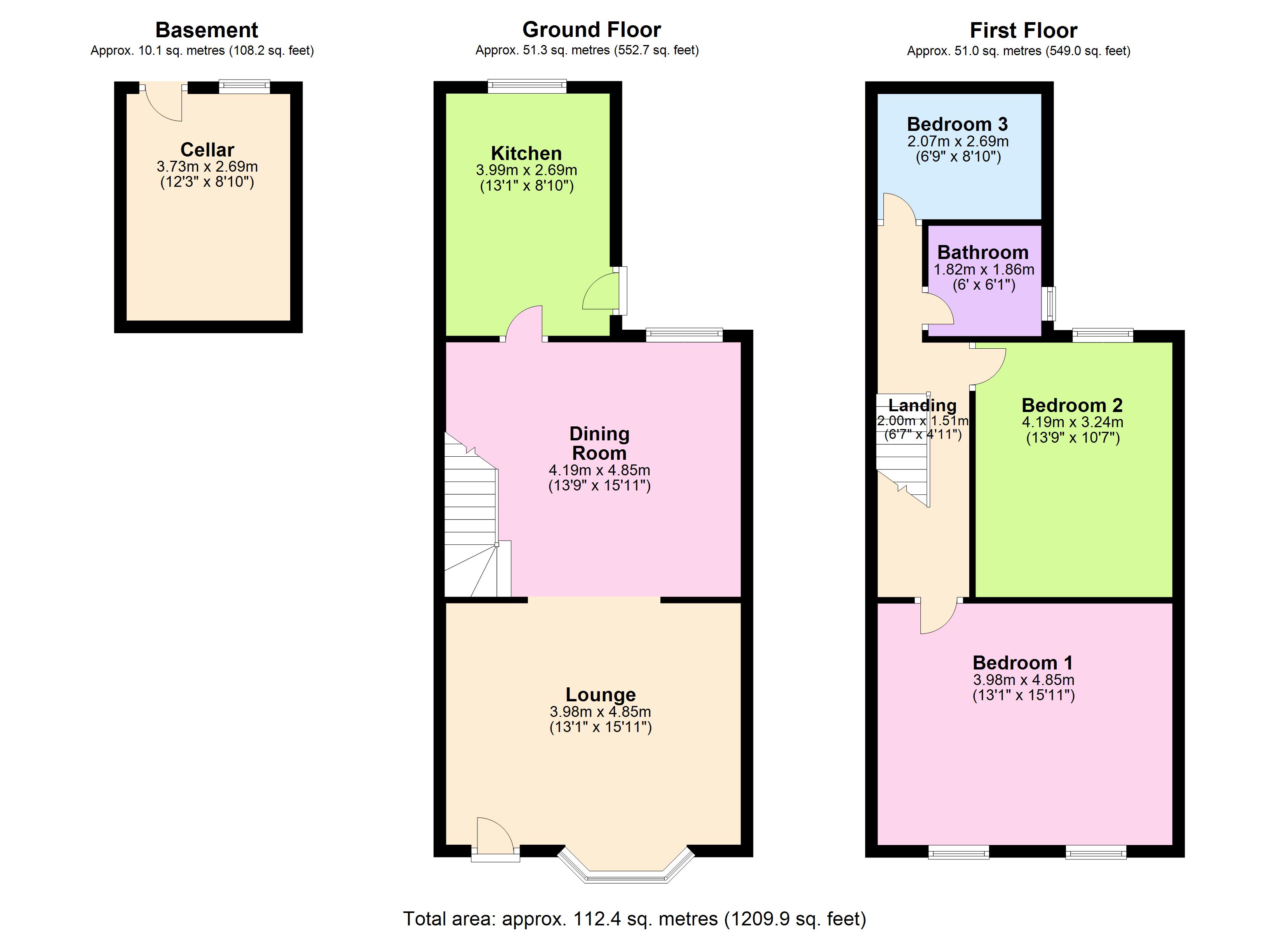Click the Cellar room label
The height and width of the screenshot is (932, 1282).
207,150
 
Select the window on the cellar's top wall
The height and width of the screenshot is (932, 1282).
244,87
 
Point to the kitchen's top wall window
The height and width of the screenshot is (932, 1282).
527,87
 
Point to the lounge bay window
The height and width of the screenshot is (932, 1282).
626,874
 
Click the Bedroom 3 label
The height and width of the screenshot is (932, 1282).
958,124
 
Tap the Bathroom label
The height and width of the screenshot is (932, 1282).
983,252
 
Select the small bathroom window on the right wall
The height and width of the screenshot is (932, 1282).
1050,304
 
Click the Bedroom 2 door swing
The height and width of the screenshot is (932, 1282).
989,366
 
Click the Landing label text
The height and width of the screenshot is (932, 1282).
923,405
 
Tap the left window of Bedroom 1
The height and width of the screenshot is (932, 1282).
959,852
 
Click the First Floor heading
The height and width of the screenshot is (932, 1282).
1023,30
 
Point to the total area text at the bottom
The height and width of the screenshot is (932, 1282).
634,918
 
